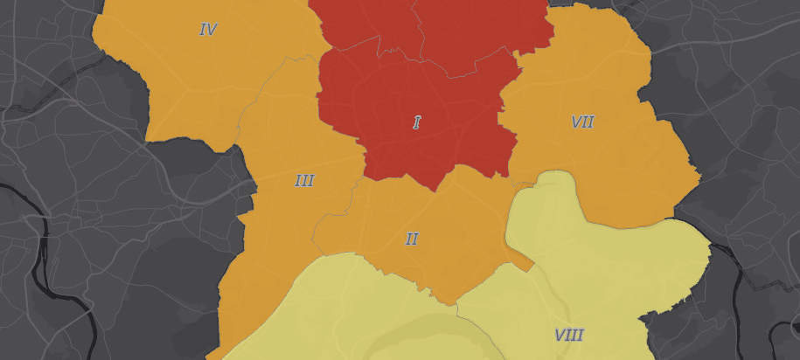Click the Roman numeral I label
click(x=417, y=122)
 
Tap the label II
click(x=412, y=239)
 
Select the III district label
click(x=304, y=181)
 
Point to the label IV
click(x=208, y=30)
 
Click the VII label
click(x=582, y=122)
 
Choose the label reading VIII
click(x=568, y=335)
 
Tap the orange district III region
click(x=280, y=227)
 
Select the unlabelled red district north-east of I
click(x=481, y=31)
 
